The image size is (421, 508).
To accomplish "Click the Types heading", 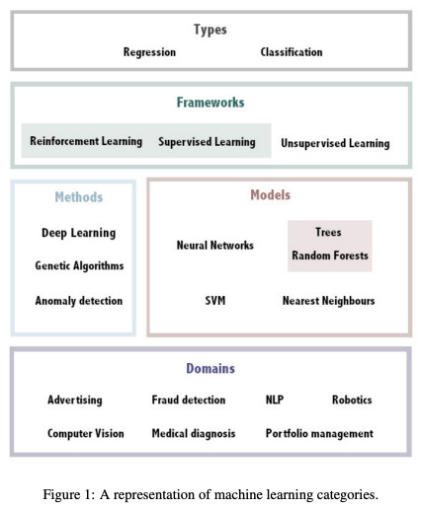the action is point(210,30).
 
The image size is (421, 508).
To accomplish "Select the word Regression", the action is point(149,52).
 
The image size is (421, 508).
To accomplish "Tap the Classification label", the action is point(292,52).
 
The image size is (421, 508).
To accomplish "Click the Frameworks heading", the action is point(210,103).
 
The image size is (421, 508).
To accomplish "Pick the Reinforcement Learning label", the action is point(86,141).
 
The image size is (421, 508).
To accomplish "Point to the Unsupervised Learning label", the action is point(335,143).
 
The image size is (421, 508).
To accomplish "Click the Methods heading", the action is point(79,197).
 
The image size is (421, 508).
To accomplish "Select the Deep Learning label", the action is point(79,233).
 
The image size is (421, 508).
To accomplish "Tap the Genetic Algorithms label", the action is point(79,265).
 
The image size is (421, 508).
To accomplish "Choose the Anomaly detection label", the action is point(79,301).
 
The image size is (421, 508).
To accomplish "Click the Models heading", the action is point(271,195).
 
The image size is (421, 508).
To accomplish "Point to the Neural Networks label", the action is point(215,246).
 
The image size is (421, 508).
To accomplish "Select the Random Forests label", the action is point(330,255).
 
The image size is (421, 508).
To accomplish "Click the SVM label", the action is point(215,301).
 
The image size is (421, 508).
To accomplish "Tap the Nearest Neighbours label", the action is point(329,301).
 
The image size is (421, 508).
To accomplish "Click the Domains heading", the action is point(210,369).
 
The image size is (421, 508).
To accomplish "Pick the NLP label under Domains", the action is point(275,399).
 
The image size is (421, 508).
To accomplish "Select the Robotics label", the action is point(352,399).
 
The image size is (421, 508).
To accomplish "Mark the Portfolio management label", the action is point(319,434).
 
